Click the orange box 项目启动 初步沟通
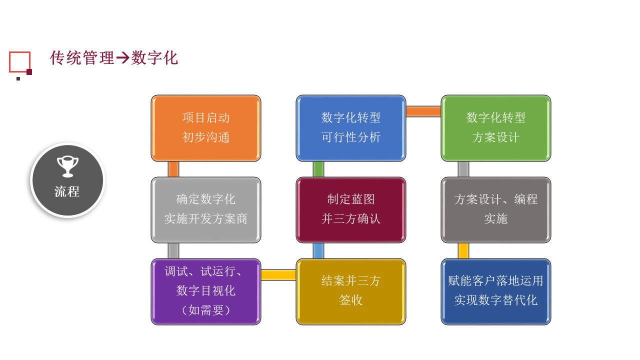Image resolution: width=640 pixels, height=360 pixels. click(205, 128)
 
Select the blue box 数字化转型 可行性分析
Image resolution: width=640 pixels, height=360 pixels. click(351, 128)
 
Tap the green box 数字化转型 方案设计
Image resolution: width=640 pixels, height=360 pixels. click(495, 128)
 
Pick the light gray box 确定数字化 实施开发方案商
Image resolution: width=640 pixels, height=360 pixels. click(205, 210)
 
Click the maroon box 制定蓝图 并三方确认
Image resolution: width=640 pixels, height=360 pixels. click(351, 210)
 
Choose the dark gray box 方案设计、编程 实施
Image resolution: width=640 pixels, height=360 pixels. click(495, 210)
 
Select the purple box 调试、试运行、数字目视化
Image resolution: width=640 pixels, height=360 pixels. click(205, 291)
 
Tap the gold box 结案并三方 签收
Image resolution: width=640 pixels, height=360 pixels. click(351, 291)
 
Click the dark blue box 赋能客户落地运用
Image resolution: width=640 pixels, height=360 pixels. click(495, 291)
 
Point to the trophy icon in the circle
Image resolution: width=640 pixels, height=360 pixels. click(67, 166)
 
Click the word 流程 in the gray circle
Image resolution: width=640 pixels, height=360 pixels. click(67, 191)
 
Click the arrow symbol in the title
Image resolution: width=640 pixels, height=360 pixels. click(123, 58)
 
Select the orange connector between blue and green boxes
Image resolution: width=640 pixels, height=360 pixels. click(423, 111)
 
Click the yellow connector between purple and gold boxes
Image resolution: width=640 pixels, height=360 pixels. click(278, 275)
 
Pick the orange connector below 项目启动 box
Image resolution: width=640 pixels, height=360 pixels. click(173, 169)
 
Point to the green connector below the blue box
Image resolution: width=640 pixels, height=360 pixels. click(318, 169)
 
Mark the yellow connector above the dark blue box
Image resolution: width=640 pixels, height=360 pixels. click(463, 251)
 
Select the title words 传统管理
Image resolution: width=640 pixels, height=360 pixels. click(82, 58)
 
